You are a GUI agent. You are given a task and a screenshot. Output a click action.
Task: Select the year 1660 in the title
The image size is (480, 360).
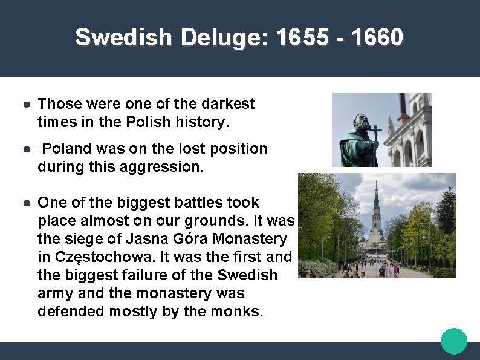click(377, 38)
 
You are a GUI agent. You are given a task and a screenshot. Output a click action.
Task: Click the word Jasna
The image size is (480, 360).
click(143, 239)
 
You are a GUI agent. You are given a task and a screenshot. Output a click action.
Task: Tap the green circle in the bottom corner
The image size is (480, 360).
click(454, 341)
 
